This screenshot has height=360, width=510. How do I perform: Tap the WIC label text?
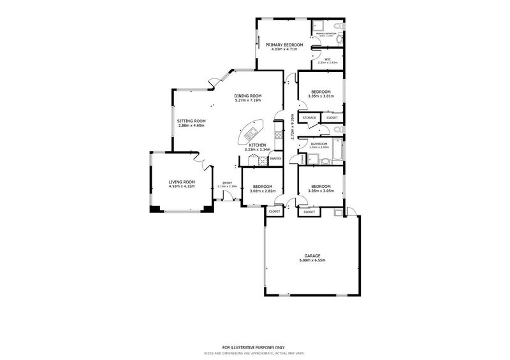[326, 59]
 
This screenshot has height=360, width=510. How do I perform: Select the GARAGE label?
[312, 256]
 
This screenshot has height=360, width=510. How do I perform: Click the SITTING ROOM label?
[192, 121]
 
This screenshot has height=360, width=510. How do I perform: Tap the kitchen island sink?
[249, 134]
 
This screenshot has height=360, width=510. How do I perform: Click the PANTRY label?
[275, 159]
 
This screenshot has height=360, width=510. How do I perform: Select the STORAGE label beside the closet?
[309, 118]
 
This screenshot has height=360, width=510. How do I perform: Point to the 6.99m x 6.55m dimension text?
[312, 261]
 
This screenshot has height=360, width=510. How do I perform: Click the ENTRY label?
[227, 184]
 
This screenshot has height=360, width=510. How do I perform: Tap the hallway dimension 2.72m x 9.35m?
[291, 126]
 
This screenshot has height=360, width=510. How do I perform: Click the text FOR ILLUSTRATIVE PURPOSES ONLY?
[254, 346]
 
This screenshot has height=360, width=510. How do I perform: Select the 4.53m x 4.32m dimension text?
[182, 187]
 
